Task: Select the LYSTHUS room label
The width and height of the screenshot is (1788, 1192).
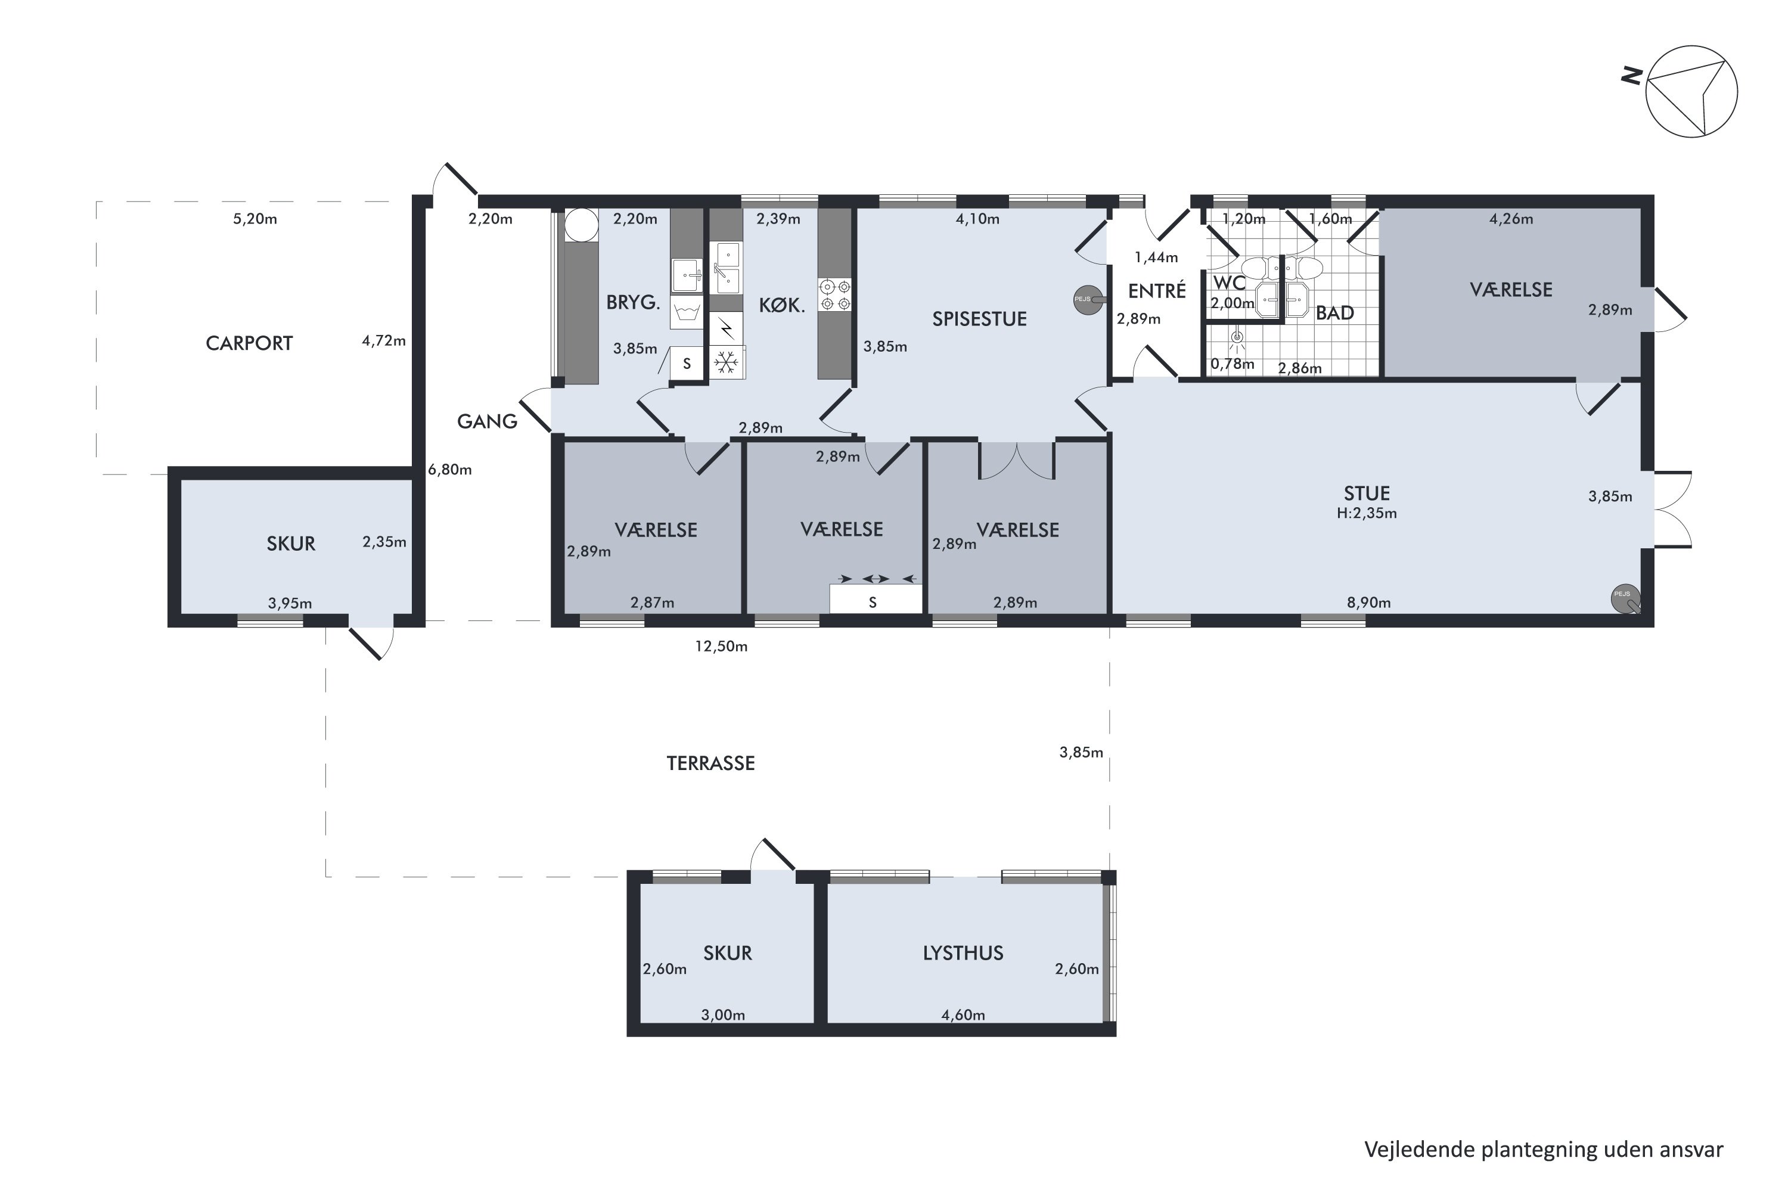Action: pos(963,952)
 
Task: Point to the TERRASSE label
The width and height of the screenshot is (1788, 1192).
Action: pos(711,763)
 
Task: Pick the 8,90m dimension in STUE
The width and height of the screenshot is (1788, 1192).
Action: pos(1369,603)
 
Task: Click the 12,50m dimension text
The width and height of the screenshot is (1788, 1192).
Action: pos(721,646)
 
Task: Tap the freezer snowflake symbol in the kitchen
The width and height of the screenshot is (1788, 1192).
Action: pos(727,362)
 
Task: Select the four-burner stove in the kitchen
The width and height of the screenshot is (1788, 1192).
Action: pos(835,295)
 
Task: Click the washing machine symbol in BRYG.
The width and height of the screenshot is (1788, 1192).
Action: pos(687,312)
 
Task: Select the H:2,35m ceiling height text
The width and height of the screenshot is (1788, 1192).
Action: pos(1367,513)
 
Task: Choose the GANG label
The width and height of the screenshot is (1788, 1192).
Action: pos(488,421)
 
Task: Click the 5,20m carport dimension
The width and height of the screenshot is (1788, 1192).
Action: pos(254,219)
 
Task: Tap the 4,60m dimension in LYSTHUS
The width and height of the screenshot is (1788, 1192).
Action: pos(963,1015)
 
